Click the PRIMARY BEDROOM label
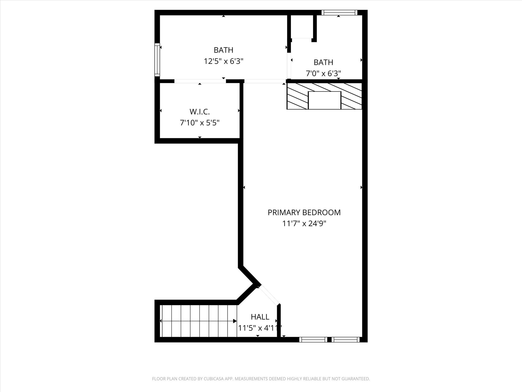pos(304,212)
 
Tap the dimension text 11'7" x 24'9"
pos(304,224)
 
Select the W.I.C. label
pos(200,112)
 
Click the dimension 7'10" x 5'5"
pos(200,123)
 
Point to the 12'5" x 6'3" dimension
pos(223,61)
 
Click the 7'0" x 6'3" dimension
pos(323,73)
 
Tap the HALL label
pos(260,317)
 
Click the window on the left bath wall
pos(157,60)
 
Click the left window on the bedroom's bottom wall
pos(313,339)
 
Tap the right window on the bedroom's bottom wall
pos(345,339)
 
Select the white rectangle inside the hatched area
pos(324,100)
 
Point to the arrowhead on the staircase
pos(234,321)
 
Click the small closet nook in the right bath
pos(302,27)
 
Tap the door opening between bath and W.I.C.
pos(200,81)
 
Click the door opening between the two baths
pos(289,66)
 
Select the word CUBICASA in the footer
pos(214,379)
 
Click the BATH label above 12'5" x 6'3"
pos(223,50)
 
